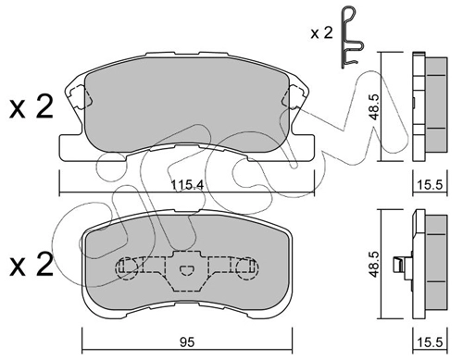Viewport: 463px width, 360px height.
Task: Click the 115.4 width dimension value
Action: (187, 185)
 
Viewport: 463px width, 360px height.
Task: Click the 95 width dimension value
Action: (187, 342)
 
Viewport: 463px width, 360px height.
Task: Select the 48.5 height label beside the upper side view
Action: (374, 106)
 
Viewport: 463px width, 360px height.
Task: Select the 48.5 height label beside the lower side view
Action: (374, 264)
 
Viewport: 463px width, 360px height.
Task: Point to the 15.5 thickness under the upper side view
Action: (430, 185)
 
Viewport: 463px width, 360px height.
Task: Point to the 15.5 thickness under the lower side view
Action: (430, 342)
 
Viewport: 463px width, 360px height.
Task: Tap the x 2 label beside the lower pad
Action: (31, 264)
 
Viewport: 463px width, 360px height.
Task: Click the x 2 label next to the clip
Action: (321, 32)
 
